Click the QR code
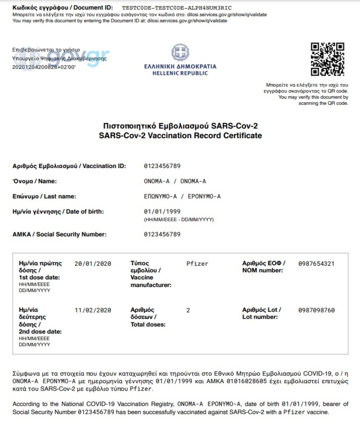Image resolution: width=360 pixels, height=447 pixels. tap(327, 59)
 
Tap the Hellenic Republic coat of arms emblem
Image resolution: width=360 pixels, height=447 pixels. tap(180, 54)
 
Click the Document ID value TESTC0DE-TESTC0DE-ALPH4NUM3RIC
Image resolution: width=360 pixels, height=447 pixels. tap(177, 8)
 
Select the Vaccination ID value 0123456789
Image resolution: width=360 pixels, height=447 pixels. tap(162, 166)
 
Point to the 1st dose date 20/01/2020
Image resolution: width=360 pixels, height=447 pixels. tap(93, 264)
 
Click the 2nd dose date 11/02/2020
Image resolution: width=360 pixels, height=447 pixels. tap(93, 310)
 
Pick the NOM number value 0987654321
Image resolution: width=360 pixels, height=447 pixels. tap(316, 264)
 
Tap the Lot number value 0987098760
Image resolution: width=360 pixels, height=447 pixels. tap(316, 310)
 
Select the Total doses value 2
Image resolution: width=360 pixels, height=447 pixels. tap(188, 310)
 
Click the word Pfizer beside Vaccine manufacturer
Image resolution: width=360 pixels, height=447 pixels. tap(197, 264)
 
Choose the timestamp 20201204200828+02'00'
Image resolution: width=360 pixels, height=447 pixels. tap(44, 67)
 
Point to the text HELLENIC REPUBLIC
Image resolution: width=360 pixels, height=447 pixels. tap(180, 73)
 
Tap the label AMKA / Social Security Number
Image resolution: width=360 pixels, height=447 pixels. tap(59, 234)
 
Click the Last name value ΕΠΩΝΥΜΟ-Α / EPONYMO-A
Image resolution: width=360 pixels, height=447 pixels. tap(182, 196)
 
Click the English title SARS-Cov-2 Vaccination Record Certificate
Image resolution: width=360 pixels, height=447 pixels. tap(180, 135)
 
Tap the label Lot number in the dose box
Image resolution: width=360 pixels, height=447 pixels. tap(260, 317)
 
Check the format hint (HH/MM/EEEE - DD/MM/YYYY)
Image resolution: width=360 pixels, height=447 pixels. tap(179, 219)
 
